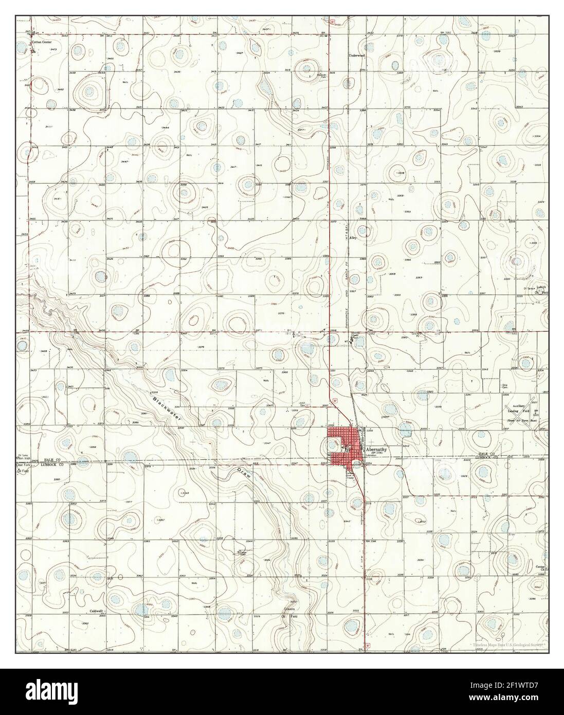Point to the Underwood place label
pyautogui.click(x=356, y=55)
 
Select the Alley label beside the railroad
pyautogui.click(x=353, y=238)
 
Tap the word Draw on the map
pyautogui.click(x=244, y=474)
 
